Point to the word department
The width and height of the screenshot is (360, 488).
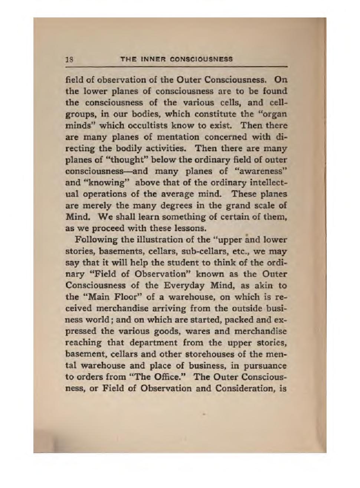point(149,343)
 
